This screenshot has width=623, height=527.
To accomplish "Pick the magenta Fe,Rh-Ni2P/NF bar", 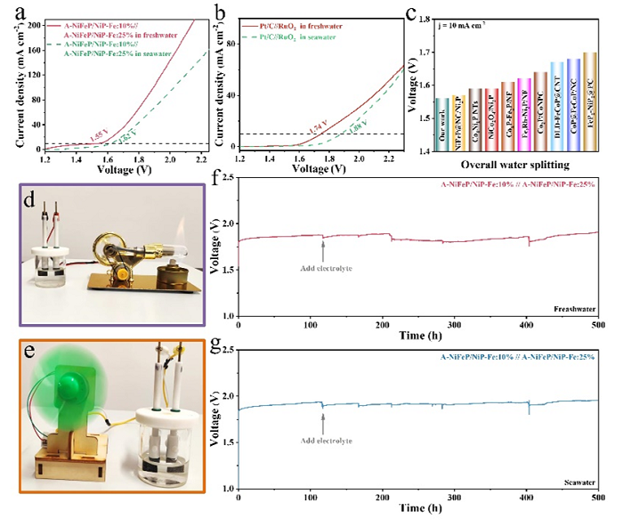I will click(549, 116).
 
